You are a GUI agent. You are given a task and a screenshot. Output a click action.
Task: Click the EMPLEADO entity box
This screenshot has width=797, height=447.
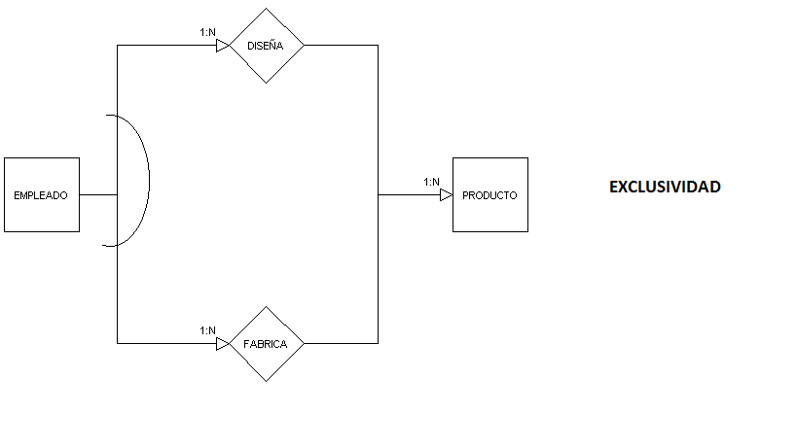42,194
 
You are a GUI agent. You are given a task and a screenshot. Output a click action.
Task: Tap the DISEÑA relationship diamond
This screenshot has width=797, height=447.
267,46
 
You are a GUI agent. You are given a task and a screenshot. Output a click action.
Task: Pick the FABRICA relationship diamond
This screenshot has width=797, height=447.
267,344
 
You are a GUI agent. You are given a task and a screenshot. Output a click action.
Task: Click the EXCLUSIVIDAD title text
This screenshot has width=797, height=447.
665,187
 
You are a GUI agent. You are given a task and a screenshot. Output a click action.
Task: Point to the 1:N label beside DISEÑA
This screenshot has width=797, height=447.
207,33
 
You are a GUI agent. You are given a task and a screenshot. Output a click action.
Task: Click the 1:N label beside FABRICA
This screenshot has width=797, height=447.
207,330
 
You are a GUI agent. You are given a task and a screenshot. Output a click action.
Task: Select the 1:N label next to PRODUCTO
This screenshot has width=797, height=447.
431,182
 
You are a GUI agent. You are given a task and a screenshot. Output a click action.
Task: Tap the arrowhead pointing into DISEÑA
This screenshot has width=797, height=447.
223,46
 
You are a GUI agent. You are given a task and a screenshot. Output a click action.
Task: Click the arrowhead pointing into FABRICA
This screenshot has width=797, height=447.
223,343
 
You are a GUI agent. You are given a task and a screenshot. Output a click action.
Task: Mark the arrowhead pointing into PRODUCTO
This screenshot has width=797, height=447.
446,195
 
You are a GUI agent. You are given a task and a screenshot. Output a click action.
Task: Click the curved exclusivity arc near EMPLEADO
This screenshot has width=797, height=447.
148,180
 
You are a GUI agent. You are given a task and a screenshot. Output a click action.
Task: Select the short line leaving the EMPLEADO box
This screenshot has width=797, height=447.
97,195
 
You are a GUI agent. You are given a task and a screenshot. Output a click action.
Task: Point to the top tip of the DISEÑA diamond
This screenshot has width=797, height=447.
267,10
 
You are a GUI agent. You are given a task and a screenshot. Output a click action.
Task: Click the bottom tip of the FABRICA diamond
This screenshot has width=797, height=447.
267,380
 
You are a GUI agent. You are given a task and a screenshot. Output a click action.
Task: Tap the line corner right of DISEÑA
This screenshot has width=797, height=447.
378,46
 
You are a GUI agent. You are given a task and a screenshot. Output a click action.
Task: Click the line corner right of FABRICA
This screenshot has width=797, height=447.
378,343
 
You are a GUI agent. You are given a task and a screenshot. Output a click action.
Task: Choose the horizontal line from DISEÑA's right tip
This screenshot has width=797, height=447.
341,46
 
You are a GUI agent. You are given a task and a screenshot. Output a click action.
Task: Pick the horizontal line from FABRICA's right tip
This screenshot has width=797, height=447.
341,343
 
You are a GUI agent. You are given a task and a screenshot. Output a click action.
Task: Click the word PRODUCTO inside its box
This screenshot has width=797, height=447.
490,195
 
